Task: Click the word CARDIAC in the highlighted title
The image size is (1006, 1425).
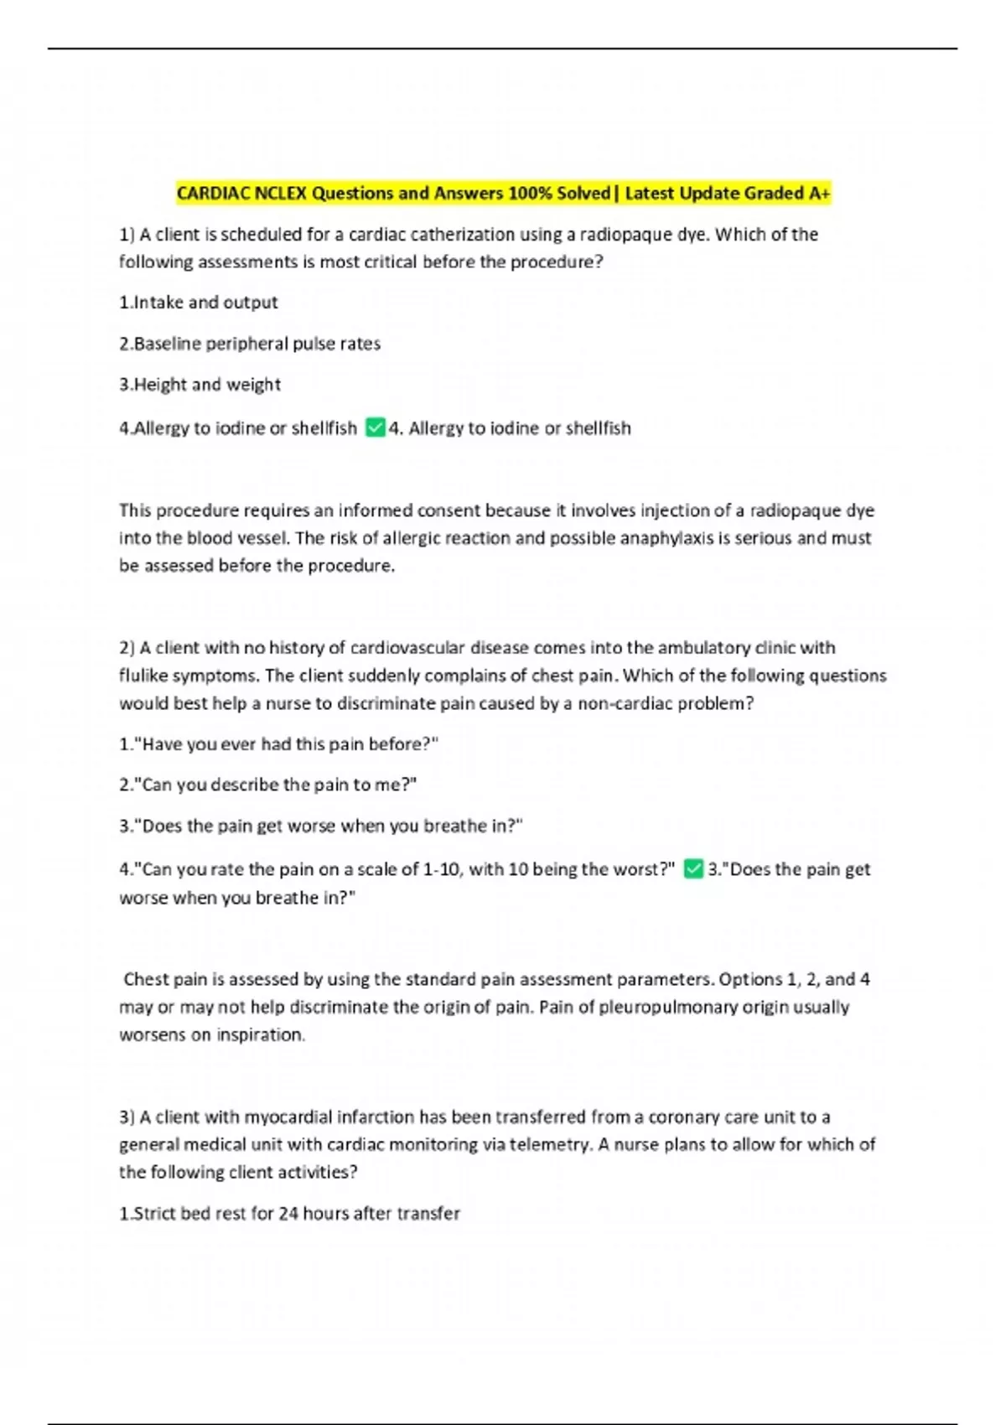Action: point(212,194)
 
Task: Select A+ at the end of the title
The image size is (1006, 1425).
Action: point(820,194)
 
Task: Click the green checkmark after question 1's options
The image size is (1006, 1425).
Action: point(375,428)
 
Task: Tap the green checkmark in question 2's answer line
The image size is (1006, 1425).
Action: point(692,869)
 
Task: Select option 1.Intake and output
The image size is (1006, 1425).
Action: point(198,303)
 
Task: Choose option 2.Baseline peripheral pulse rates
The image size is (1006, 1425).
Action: point(250,344)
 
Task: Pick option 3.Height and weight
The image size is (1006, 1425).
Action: point(200,385)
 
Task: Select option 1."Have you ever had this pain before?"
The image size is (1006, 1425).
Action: point(278,744)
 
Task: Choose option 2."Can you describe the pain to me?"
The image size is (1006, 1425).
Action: point(267,785)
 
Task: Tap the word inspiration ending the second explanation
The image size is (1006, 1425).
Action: point(260,1035)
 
